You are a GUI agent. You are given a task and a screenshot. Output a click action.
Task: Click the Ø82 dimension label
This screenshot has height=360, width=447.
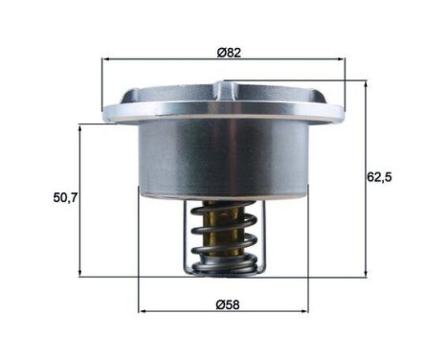(227, 52)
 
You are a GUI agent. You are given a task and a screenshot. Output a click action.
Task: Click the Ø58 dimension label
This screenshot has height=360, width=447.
(227, 304)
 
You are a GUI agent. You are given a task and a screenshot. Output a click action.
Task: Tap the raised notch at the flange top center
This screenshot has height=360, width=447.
(224, 90)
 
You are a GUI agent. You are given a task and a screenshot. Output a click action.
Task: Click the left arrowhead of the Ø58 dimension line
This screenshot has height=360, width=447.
(144, 312)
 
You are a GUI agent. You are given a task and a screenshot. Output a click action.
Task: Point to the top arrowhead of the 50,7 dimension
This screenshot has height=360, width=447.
(80, 124)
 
